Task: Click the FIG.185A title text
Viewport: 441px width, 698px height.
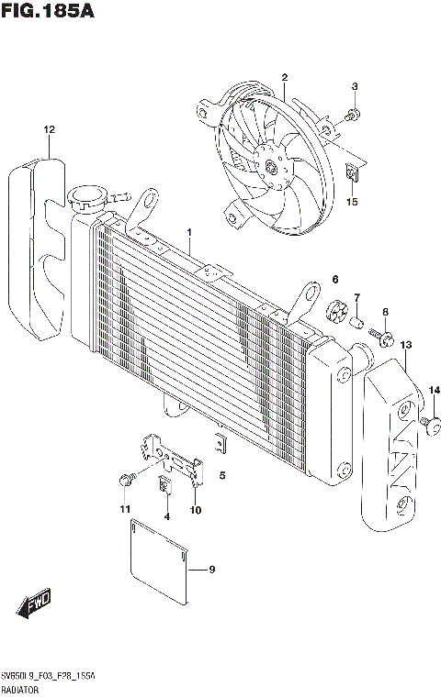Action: coord(48,12)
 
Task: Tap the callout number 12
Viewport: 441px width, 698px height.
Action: coord(49,129)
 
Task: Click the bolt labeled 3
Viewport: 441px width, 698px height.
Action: coord(354,115)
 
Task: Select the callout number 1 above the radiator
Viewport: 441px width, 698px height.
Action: coord(189,232)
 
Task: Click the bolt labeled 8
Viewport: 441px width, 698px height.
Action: coord(386,340)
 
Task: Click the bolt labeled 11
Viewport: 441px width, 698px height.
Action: coord(125,479)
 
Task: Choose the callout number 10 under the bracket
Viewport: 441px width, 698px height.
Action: coord(195,510)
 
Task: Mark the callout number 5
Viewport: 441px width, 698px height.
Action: coord(221,476)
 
